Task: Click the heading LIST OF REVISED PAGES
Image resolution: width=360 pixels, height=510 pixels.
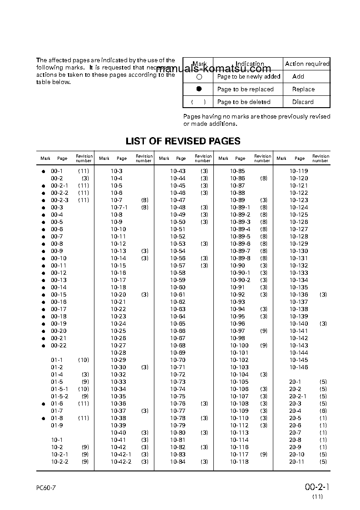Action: tap(183, 141)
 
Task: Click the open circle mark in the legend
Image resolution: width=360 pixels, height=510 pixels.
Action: tap(199, 77)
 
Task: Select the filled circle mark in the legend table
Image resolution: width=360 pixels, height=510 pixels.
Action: tap(199, 89)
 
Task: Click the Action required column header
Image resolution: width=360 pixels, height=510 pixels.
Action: tap(307, 64)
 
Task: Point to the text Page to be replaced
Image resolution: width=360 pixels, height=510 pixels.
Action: tap(245, 89)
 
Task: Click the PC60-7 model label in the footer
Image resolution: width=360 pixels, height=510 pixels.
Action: tap(46, 488)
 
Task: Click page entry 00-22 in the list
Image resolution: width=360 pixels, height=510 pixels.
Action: tap(59, 346)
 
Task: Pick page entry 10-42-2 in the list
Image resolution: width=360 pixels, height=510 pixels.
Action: tap(121, 462)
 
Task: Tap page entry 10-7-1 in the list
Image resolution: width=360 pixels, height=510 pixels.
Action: tap(119, 208)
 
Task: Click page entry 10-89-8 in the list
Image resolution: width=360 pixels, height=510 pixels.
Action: tap(240, 258)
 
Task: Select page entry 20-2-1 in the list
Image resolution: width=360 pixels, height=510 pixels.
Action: tap(298, 396)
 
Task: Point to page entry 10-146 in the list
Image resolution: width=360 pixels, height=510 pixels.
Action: tap(299, 367)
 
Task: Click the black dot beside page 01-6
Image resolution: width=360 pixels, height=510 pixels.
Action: tap(44, 404)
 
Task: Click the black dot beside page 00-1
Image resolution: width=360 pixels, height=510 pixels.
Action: tap(44, 171)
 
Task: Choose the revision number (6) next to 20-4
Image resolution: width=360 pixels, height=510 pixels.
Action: tap(323, 411)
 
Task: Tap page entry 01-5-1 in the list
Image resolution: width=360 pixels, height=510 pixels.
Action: tap(59, 389)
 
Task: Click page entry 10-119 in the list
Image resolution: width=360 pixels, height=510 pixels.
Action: tap(299, 171)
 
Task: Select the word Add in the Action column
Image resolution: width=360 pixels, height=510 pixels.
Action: tap(298, 77)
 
